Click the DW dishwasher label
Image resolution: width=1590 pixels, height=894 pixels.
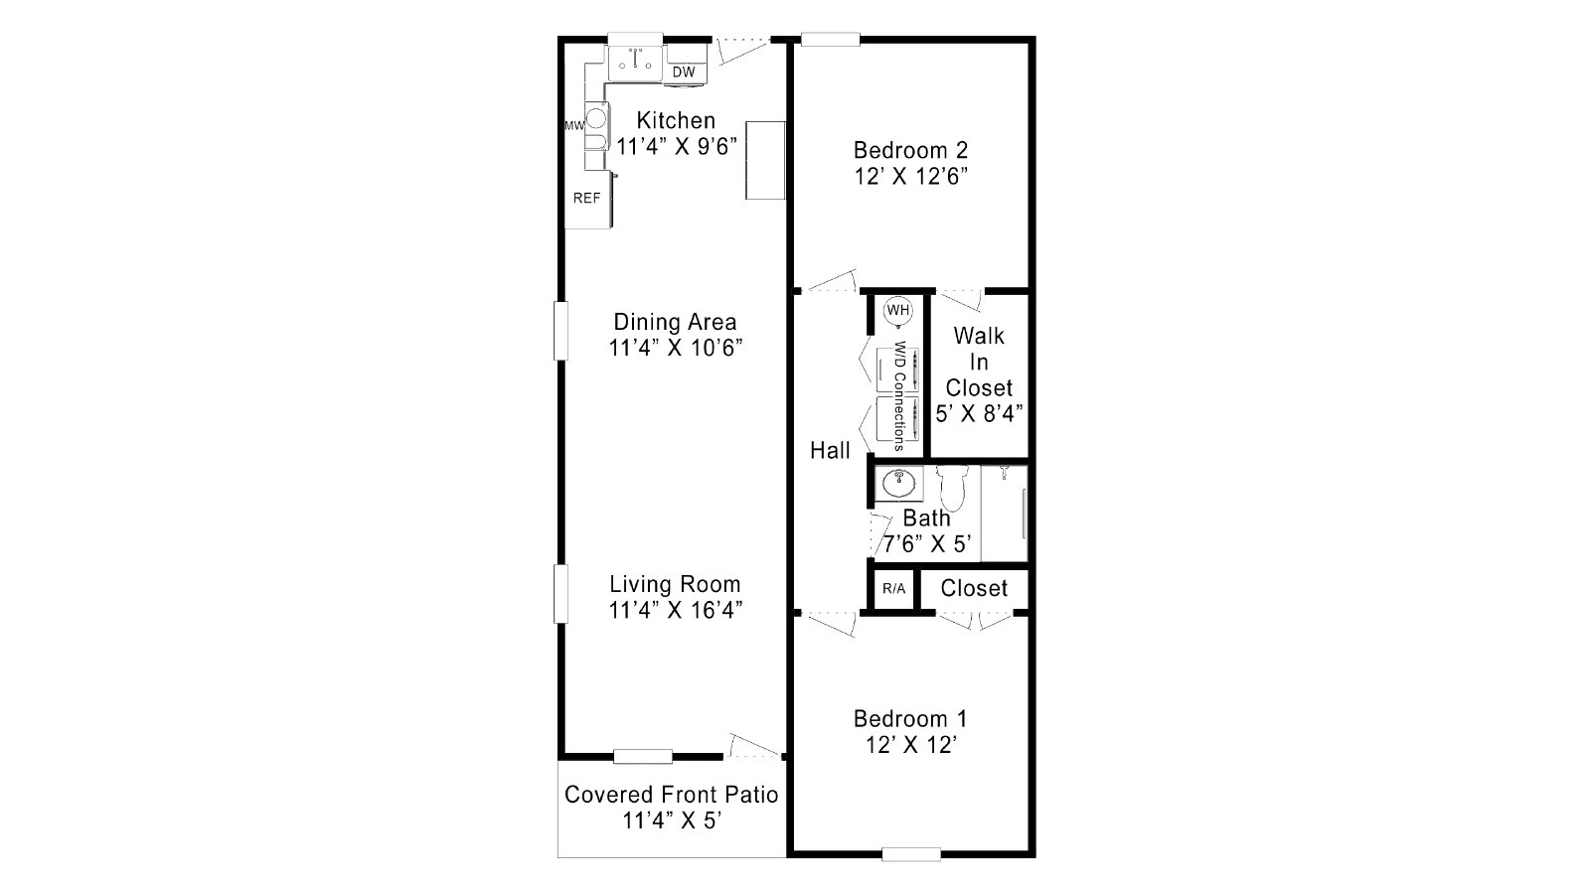[x=684, y=72]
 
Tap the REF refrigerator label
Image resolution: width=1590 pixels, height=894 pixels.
[x=587, y=198]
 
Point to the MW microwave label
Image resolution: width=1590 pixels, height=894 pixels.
[x=574, y=125]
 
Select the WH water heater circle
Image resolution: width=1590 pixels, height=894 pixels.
[x=898, y=310]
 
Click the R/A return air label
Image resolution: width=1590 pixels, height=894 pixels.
[x=893, y=588]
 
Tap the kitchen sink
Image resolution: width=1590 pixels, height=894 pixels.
[x=635, y=63]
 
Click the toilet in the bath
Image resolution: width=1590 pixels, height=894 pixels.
[x=952, y=487]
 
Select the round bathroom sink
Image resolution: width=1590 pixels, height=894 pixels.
[x=899, y=484]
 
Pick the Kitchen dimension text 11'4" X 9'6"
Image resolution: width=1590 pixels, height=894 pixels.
[x=677, y=146]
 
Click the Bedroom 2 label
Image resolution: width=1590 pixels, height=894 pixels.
[x=910, y=150]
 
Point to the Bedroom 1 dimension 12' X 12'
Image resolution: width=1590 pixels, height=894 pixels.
[x=911, y=745]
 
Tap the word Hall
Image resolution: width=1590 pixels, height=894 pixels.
[x=830, y=450]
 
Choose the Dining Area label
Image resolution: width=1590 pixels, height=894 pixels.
[x=675, y=322]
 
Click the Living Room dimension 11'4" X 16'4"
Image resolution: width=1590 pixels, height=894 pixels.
[x=676, y=610]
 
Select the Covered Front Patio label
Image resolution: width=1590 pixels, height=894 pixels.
[x=672, y=794]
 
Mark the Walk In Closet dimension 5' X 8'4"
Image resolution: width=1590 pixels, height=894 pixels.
[x=979, y=413]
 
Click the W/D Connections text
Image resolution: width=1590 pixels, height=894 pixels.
[x=898, y=396]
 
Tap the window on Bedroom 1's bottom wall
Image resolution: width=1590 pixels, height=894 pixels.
[x=911, y=855]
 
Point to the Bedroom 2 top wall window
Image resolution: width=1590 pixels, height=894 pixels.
[x=831, y=39]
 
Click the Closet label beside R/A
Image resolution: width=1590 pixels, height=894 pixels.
[x=974, y=588]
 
